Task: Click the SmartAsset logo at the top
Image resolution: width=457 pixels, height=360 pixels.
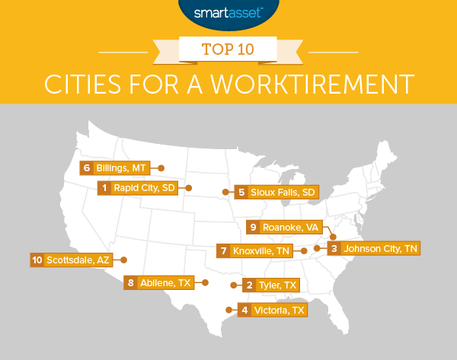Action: (228, 12)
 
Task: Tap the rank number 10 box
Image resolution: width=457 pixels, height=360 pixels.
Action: (37, 260)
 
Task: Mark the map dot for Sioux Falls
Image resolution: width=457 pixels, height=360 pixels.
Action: (224, 192)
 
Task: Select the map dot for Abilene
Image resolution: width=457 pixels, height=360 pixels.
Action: (206, 282)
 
